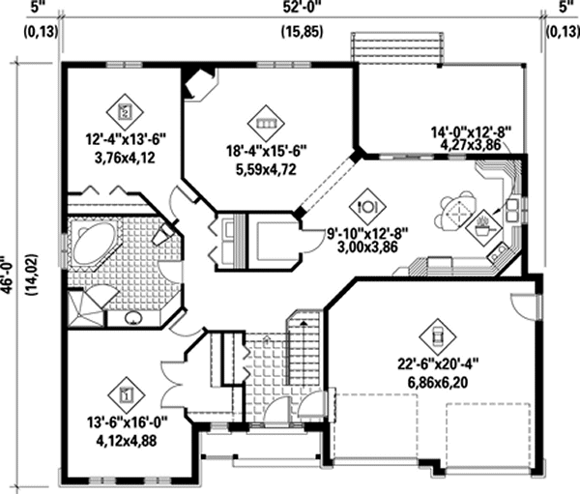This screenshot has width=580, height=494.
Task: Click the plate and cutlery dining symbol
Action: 367,205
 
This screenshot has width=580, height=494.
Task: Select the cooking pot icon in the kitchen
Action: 483,228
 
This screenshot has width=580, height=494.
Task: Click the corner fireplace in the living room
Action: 201,83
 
